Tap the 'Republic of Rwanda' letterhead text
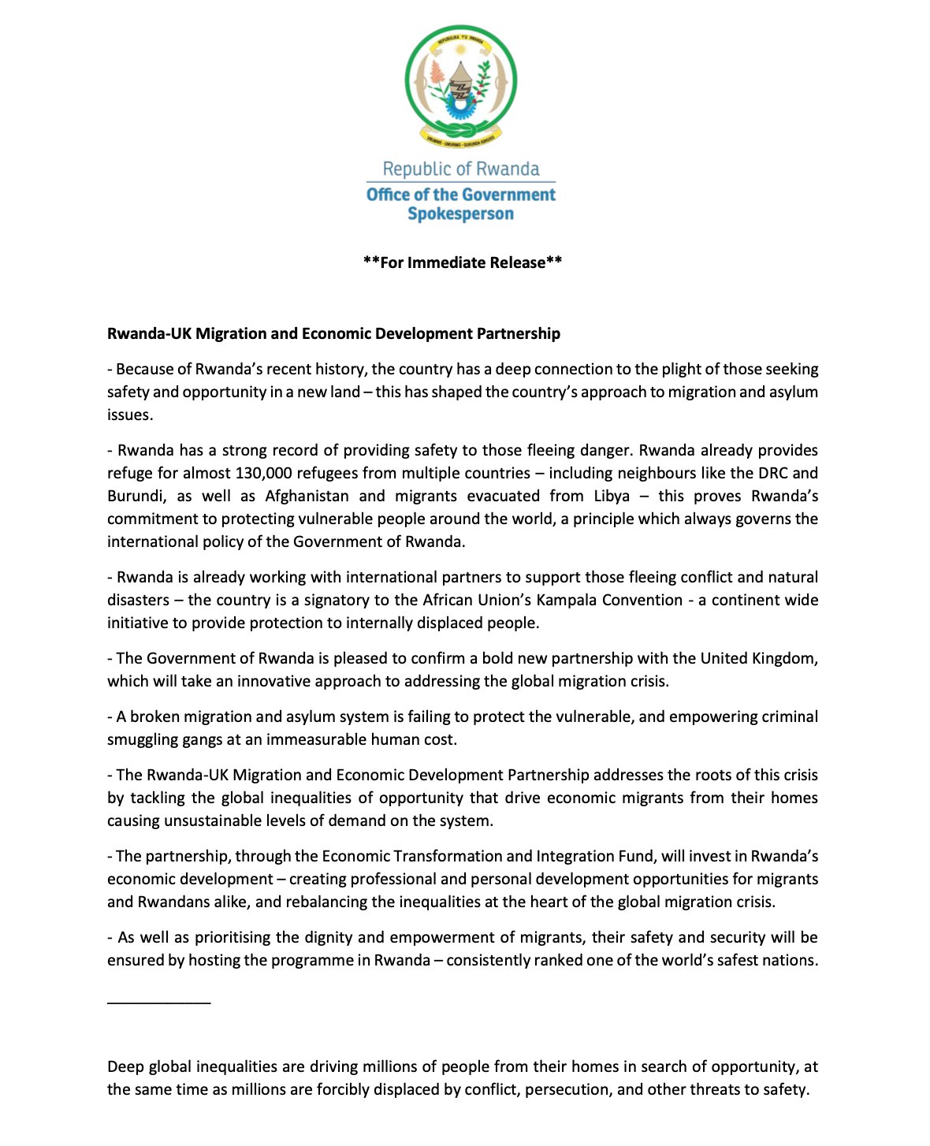point(461,169)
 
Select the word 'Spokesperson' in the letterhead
point(461,214)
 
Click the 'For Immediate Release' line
point(463,262)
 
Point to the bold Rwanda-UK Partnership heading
point(333,333)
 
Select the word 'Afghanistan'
point(307,496)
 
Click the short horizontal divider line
point(158,1003)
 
